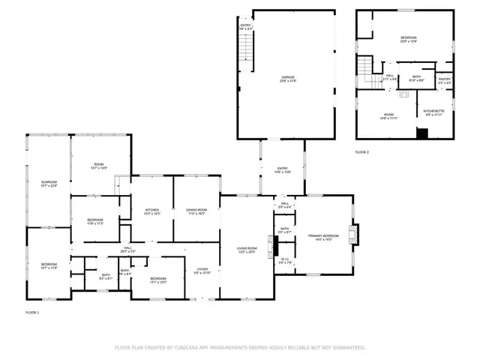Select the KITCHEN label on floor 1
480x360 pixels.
(x=151, y=211)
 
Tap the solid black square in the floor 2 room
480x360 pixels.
(x=421, y=133)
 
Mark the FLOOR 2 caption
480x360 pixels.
(x=362, y=152)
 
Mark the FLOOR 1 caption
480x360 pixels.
(x=31, y=311)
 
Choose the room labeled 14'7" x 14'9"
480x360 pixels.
(x=99, y=166)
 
